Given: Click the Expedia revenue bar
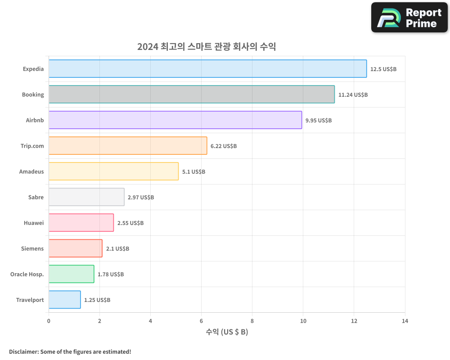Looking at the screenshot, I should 207,69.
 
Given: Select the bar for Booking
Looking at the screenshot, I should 191,94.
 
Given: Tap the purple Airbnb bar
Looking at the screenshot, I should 175,120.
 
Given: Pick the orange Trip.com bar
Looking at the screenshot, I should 128,146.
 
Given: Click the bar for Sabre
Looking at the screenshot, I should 86,197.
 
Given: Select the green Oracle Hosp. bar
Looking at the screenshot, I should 71,274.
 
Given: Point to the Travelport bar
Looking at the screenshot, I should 64,300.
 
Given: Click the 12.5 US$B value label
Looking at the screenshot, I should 383,69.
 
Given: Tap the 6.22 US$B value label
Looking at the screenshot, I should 224,146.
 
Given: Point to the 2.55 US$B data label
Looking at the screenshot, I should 130,223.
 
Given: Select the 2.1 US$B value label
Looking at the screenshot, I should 117,249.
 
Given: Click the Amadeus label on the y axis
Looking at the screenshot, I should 31,171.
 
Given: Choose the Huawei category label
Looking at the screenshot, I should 34,223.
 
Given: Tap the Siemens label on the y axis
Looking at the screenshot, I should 32,248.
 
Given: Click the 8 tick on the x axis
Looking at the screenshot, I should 252,321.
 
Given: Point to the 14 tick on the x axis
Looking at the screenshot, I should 405,321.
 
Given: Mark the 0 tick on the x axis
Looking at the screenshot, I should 49,321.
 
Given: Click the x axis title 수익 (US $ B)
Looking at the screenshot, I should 227,332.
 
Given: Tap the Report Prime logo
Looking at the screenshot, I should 409,18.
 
